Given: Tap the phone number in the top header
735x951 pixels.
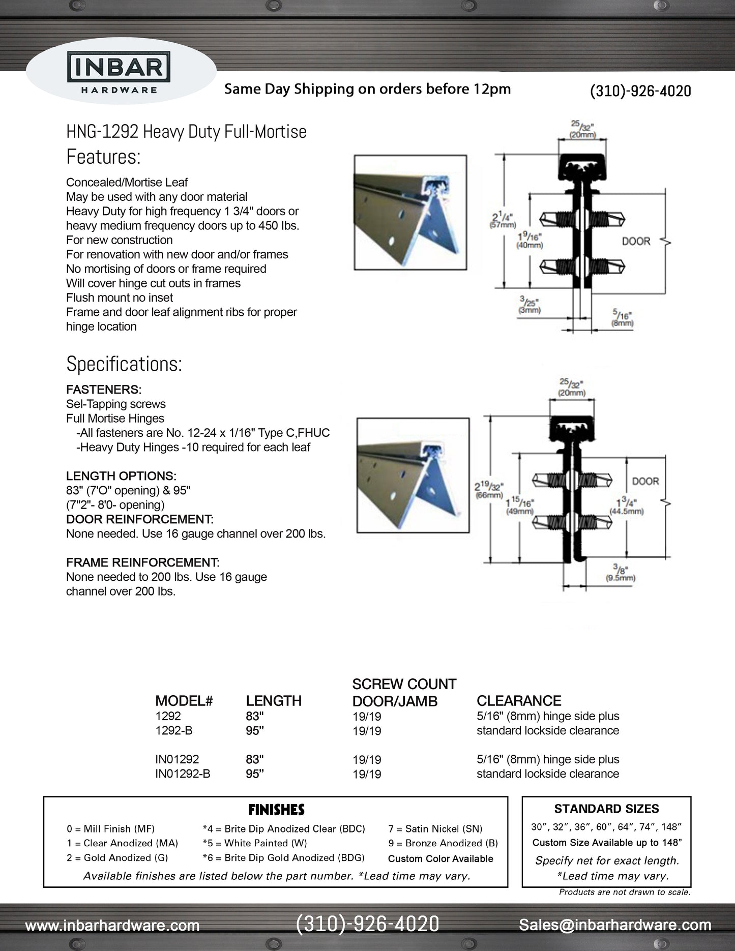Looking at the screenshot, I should tap(640, 91).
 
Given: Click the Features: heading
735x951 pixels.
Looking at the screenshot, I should tap(103, 157).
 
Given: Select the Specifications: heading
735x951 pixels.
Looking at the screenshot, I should tap(124, 364).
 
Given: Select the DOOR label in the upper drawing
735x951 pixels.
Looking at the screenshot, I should tap(636, 241).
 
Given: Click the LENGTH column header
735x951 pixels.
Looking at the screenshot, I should tap(274, 701).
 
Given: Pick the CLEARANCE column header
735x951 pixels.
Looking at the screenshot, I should tap(519, 701).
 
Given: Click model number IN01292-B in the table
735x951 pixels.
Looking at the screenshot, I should tap(183, 774).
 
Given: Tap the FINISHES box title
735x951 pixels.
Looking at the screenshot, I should tap(276, 810).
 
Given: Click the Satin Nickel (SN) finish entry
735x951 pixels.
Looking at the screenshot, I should tap(435, 829).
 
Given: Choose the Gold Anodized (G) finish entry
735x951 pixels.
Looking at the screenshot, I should tap(117, 858).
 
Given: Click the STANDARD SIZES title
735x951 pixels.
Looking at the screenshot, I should tap(606, 809).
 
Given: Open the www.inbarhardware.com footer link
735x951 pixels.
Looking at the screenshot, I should tap(112, 926).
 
